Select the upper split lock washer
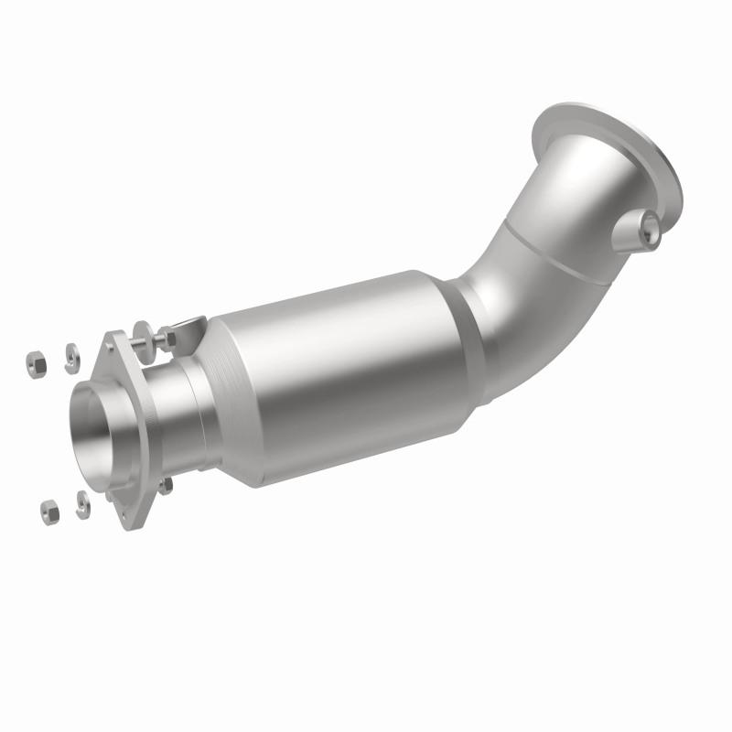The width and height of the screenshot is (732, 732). [70, 357]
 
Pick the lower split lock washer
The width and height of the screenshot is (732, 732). [82, 504]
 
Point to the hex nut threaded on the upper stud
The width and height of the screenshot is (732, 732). [167, 339]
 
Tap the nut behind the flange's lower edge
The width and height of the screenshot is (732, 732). [165, 486]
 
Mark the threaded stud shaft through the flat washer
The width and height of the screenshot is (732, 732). [154, 339]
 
